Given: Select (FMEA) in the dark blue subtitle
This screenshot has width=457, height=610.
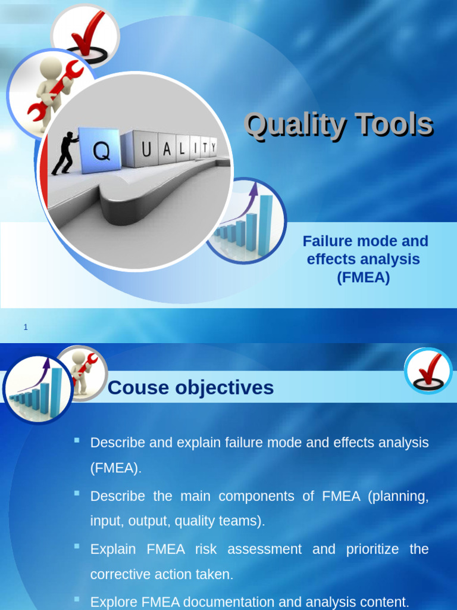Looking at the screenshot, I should click(x=363, y=277).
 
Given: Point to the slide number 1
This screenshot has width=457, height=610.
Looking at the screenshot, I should click(x=26, y=327).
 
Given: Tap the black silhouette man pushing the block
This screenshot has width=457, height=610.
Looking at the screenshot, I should click(x=64, y=153).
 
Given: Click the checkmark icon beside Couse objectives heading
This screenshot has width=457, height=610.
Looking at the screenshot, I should click(x=428, y=371).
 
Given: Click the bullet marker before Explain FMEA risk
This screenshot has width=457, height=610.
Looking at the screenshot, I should click(x=77, y=546).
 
